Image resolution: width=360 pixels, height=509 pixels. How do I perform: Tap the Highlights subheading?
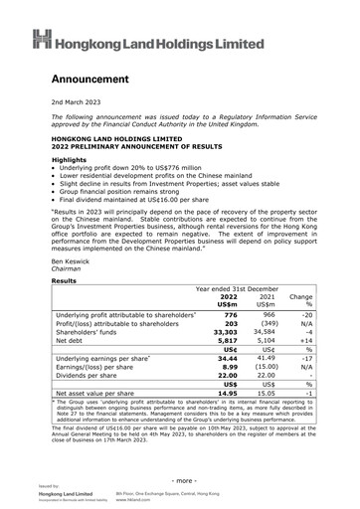69,159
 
